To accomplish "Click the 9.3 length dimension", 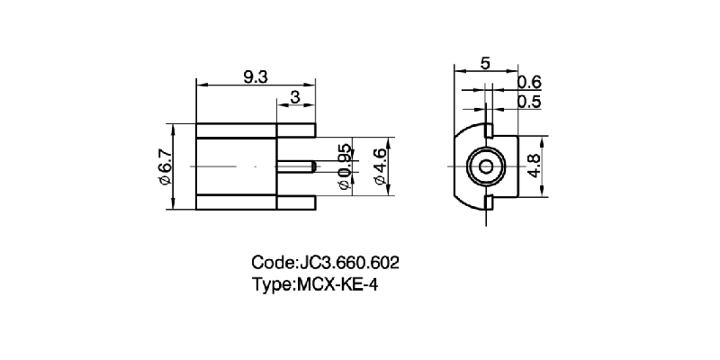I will (256, 77).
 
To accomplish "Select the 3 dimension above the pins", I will (295, 97).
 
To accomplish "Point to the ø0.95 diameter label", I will (343, 166).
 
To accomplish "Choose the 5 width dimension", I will (485, 63).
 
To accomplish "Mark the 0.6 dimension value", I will (529, 84).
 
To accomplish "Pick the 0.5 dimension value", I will (529, 103).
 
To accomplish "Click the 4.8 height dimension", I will (535, 167).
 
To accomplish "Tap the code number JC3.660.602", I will (347, 264).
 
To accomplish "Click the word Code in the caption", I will (271, 264).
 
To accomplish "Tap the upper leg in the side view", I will (296, 130).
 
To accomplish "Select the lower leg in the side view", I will (296, 204).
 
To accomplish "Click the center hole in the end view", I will (486, 167).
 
